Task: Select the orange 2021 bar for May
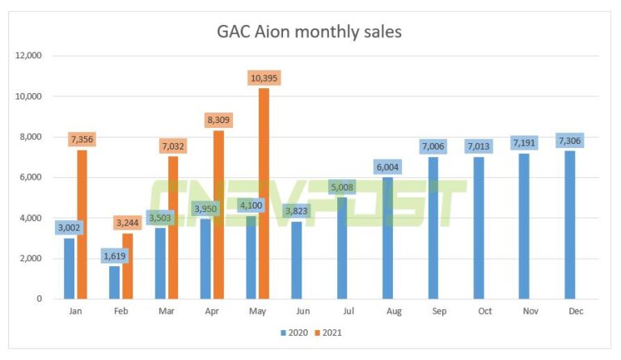(264, 194)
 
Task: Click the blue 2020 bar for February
(114, 282)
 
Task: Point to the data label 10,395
(264, 78)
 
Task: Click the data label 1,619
(114, 256)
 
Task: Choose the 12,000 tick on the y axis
(28, 56)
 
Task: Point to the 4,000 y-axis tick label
(31, 218)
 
